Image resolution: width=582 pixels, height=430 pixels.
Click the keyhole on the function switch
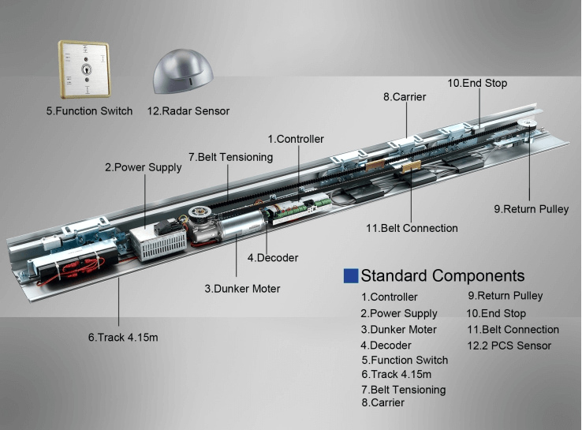click(x=86, y=69)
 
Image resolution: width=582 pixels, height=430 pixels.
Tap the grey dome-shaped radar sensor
click(x=183, y=72)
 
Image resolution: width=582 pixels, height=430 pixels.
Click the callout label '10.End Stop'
click(x=477, y=83)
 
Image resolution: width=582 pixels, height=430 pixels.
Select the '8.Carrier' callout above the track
click(x=405, y=97)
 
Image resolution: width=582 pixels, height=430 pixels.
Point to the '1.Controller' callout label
click(x=296, y=139)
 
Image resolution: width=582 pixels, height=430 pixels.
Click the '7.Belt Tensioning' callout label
click(x=230, y=157)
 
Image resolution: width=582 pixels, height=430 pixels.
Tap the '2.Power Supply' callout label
click(x=144, y=167)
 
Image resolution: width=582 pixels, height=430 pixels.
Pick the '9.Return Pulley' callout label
click(x=532, y=209)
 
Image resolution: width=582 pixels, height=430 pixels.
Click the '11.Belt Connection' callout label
click(x=412, y=228)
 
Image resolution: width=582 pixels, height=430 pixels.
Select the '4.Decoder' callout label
click(x=273, y=258)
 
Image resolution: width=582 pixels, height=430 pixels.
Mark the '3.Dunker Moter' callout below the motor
click(x=242, y=289)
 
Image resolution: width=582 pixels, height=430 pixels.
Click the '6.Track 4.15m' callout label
click(x=123, y=337)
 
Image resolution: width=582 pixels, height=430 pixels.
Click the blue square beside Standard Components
click(x=351, y=276)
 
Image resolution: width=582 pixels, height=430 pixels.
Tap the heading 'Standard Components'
click(x=442, y=276)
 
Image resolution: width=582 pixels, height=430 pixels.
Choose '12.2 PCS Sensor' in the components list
click(x=509, y=346)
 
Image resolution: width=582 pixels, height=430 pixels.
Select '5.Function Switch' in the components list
click(x=405, y=361)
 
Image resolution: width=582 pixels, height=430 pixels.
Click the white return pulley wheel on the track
click(x=528, y=125)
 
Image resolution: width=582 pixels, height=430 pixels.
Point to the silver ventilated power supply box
click(x=158, y=242)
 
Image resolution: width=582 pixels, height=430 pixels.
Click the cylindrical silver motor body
click(x=241, y=226)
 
